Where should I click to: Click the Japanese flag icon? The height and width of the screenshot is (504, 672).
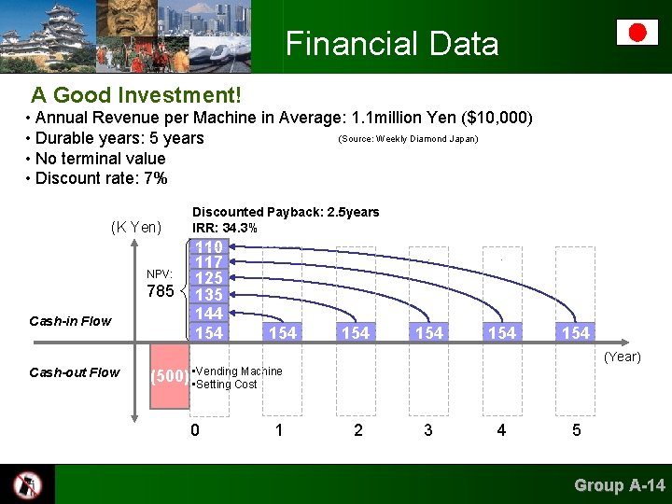pos(637,33)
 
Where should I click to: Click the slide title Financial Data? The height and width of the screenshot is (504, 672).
pos(392,44)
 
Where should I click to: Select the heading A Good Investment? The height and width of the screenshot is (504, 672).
pos(136,95)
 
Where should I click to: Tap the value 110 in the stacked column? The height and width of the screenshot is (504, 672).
pos(209,247)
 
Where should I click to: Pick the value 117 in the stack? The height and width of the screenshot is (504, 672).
pos(209,263)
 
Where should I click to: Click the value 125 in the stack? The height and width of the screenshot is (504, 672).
pos(209,279)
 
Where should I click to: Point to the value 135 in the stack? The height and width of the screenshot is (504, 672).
pos(209,296)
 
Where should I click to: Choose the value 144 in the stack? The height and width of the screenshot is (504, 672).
pos(209,314)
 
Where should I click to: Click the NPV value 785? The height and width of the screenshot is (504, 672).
pos(161,292)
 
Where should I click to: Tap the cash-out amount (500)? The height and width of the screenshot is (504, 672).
pos(169,377)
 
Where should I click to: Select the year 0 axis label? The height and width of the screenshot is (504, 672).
pos(195,430)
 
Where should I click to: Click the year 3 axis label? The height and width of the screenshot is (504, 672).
pos(427,430)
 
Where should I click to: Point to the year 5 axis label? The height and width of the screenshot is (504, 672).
pos(576,430)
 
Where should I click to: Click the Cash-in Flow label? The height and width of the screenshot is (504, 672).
pos(70,321)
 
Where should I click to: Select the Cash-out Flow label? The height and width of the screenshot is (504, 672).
pos(75,372)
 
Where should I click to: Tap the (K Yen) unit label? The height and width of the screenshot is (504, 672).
pos(135,227)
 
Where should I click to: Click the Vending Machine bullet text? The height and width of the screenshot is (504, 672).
pos(238,371)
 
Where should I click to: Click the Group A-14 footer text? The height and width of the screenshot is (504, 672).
pos(620,484)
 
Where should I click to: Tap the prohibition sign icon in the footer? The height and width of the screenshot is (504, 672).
pos(27,484)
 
